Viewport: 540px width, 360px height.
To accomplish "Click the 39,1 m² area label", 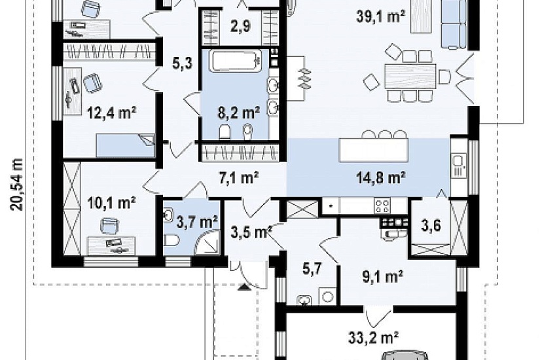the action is (380, 16).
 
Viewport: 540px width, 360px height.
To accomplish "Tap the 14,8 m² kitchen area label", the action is (380, 179).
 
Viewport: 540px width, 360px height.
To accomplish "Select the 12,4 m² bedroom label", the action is (111, 113).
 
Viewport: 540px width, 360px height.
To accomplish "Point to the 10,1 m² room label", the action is (111, 203).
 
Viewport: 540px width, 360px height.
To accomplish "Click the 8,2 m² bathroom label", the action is (239, 113).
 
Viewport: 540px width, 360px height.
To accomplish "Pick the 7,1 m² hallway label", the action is (239, 178).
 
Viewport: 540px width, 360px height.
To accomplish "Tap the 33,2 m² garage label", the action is (374, 338).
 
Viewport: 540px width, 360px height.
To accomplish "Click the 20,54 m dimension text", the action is (16, 185).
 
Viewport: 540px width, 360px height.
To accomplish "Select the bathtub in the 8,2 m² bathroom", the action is (235, 61).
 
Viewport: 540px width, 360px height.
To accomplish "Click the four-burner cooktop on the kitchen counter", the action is (382, 206).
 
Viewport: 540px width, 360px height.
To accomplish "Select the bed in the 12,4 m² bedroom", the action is (125, 145).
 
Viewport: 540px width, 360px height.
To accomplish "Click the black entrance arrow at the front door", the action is (245, 287).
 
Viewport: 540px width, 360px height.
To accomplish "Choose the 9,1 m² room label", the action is (383, 277).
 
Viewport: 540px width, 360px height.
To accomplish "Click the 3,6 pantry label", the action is (431, 226).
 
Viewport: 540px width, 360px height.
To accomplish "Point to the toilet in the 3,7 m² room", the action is (171, 240).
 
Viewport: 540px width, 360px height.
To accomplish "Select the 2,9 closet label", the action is (241, 26).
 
